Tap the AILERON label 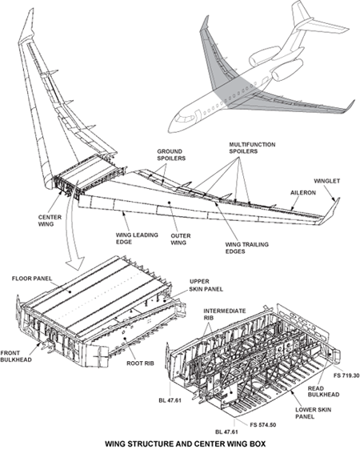(301, 193)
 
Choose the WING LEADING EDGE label (118, 239)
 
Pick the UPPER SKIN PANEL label (204, 286)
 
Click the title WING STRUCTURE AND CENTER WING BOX (180, 441)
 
